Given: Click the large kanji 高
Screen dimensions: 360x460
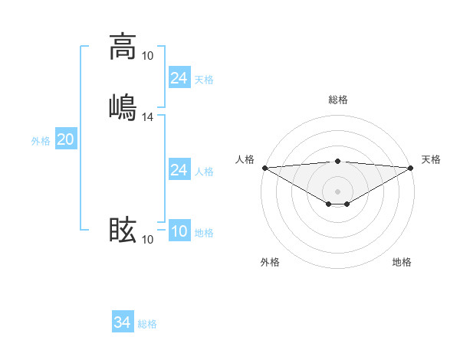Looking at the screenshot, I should [x=122, y=47].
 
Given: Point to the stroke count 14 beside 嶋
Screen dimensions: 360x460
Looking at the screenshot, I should [x=148, y=117].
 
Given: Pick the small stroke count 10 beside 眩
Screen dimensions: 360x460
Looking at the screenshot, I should [x=148, y=240].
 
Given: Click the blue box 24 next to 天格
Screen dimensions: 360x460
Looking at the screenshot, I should [x=179, y=77].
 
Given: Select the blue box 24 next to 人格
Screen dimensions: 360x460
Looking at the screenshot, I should [x=179, y=170].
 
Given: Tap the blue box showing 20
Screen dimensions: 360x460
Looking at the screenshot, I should [x=65, y=139].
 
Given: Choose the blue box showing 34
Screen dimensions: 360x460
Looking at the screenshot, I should [x=122, y=323].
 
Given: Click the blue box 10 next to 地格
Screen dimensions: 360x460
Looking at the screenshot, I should [x=179, y=232].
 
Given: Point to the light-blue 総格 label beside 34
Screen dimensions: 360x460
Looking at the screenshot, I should [x=147, y=324].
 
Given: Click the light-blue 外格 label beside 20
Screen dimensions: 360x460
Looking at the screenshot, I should [x=41, y=141].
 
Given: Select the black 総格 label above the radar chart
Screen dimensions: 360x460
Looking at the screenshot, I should [x=338, y=100].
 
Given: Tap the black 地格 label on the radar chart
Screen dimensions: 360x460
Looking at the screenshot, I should [x=402, y=262].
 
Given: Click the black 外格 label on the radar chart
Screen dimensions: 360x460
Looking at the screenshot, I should [x=270, y=262].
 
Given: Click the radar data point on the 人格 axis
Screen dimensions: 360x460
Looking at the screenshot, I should [x=264, y=168].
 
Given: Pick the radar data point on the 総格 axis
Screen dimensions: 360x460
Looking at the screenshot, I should [x=338, y=161].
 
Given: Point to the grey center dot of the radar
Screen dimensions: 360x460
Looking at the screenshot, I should [x=338, y=191].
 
